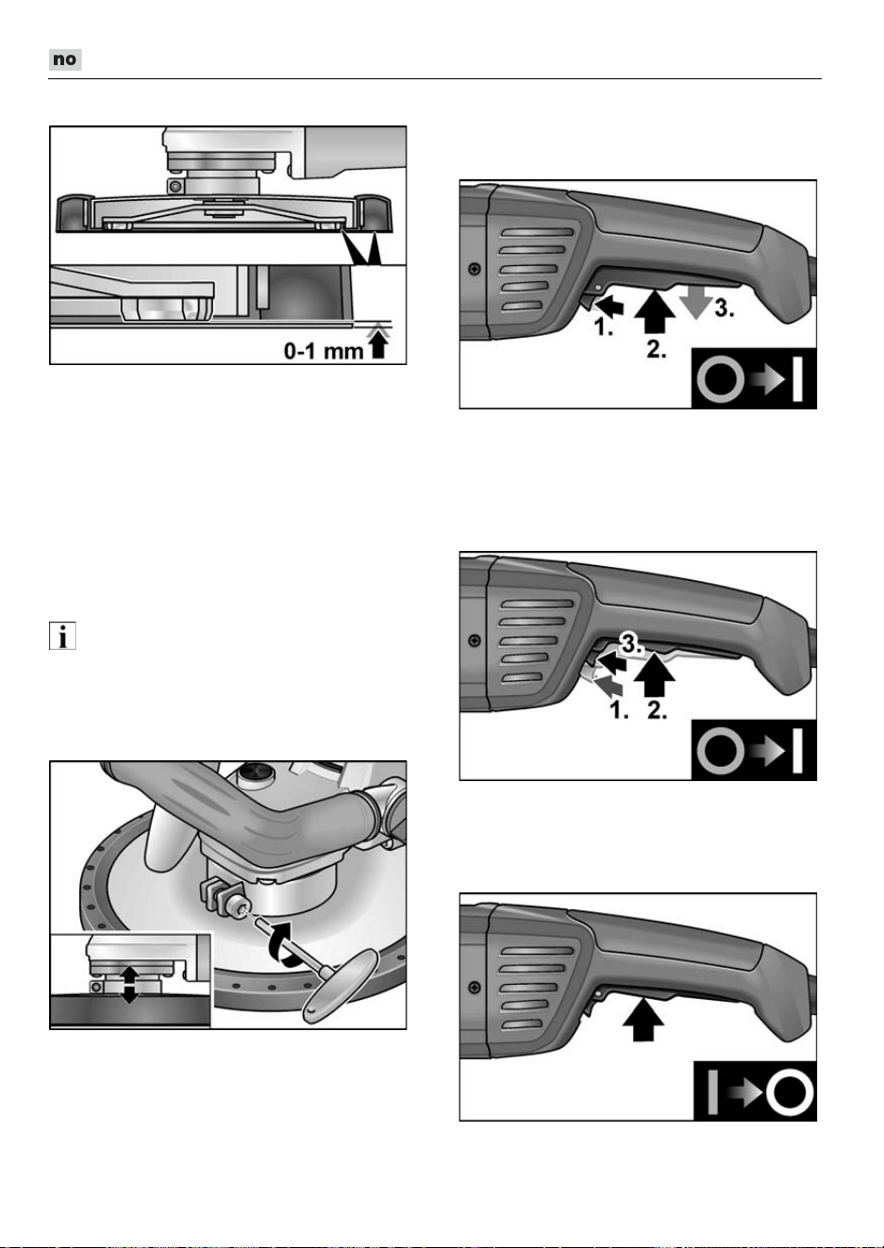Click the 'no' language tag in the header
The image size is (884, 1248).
tap(65, 59)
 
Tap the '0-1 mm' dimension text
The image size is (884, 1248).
tap(324, 351)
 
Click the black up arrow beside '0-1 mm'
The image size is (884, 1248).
tap(379, 343)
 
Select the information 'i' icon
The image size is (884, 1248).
tap(62, 636)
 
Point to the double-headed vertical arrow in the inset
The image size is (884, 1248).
tap(129, 985)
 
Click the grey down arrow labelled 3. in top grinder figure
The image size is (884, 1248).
tap(696, 304)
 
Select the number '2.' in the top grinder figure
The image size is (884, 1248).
tap(657, 349)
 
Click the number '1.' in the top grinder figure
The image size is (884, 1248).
tap(604, 327)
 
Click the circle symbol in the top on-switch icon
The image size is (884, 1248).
tap(721, 379)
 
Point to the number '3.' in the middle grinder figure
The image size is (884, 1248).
tap(631, 644)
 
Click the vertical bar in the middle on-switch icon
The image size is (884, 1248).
tap(797, 751)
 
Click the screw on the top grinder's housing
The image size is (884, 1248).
tap(475, 270)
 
